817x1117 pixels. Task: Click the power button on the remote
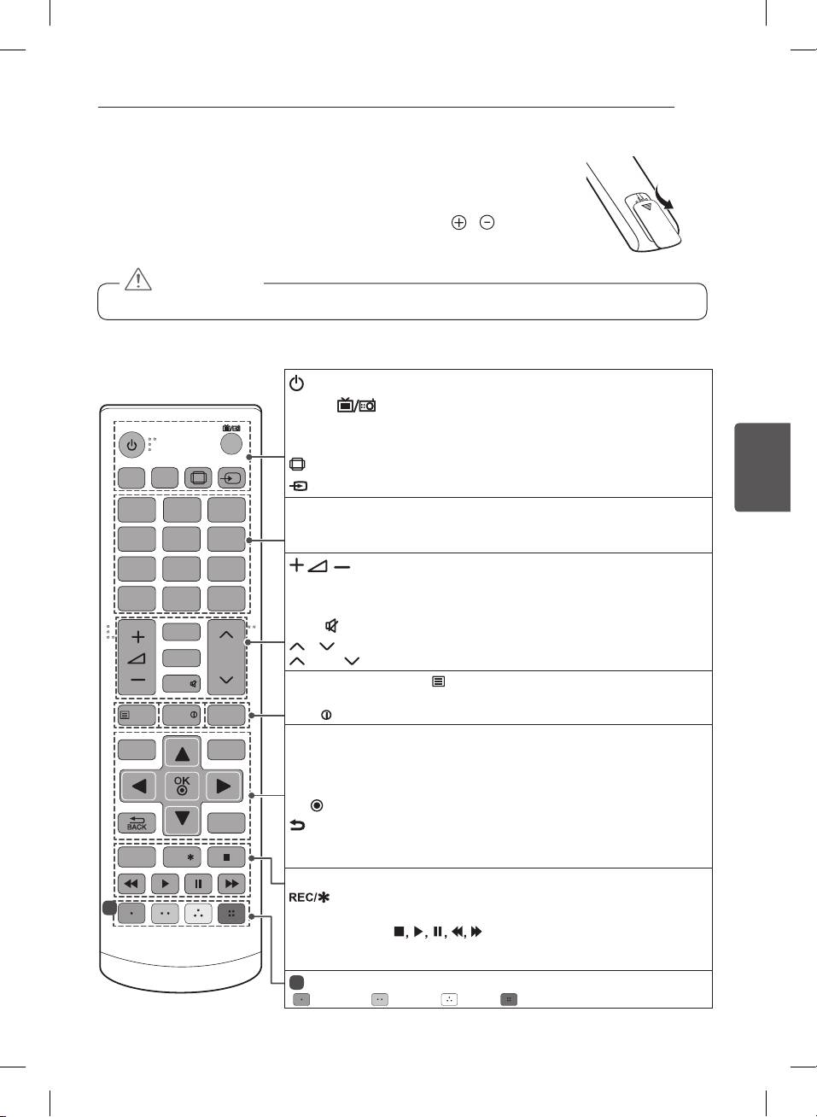[131, 444]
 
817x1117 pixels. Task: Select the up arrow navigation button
[182, 753]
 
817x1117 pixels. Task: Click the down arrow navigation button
[182, 818]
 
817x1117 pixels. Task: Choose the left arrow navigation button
[138, 787]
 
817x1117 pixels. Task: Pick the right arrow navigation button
[224, 787]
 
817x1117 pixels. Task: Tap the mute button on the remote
[182, 684]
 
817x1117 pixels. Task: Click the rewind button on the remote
[131, 884]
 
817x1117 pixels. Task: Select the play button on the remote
[165, 884]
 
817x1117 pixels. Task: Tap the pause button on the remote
[198, 884]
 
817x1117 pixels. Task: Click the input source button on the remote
[232, 477]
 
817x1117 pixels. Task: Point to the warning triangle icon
[138, 279]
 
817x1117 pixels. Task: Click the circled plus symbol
[458, 222]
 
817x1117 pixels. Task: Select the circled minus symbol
[487, 222]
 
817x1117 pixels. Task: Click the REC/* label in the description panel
[309, 898]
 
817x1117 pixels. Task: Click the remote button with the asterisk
[182, 857]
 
